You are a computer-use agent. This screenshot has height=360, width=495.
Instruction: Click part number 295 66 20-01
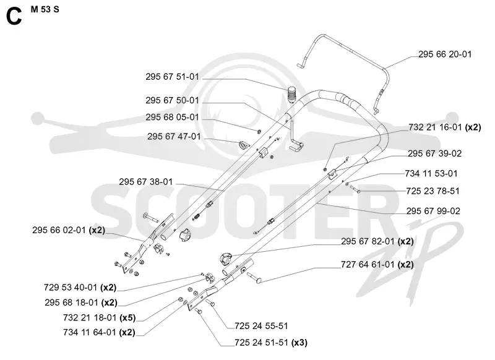[445, 54]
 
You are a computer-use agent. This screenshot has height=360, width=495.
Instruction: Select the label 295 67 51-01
[173, 77]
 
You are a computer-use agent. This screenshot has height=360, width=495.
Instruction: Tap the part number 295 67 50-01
[173, 100]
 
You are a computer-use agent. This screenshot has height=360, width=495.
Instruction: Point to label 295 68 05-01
[173, 117]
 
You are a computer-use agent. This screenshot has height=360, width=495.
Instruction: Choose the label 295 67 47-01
[174, 136]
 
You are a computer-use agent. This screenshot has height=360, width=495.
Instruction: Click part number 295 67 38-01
[146, 182]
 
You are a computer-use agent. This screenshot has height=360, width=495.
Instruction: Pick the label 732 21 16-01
[435, 127]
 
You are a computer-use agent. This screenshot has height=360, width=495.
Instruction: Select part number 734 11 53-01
[431, 173]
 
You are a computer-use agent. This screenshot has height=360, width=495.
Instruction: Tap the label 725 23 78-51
[433, 191]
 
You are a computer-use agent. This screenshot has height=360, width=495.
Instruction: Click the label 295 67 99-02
[433, 211]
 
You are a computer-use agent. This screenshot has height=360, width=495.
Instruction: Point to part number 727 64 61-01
[368, 264]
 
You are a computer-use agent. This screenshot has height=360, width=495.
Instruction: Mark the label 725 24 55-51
[261, 326]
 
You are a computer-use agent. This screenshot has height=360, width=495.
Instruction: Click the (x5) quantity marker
[128, 317]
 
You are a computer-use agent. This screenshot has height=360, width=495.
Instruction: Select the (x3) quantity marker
[299, 342]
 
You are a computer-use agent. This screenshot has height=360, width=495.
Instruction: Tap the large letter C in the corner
[14, 17]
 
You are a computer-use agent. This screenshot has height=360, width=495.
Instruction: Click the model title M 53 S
[45, 9]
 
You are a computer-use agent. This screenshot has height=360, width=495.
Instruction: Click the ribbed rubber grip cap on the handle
[292, 94]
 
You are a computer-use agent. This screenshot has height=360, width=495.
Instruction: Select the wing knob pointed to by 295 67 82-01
[225, 259]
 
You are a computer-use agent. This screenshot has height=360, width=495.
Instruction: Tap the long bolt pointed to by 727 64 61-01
[255, 277]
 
